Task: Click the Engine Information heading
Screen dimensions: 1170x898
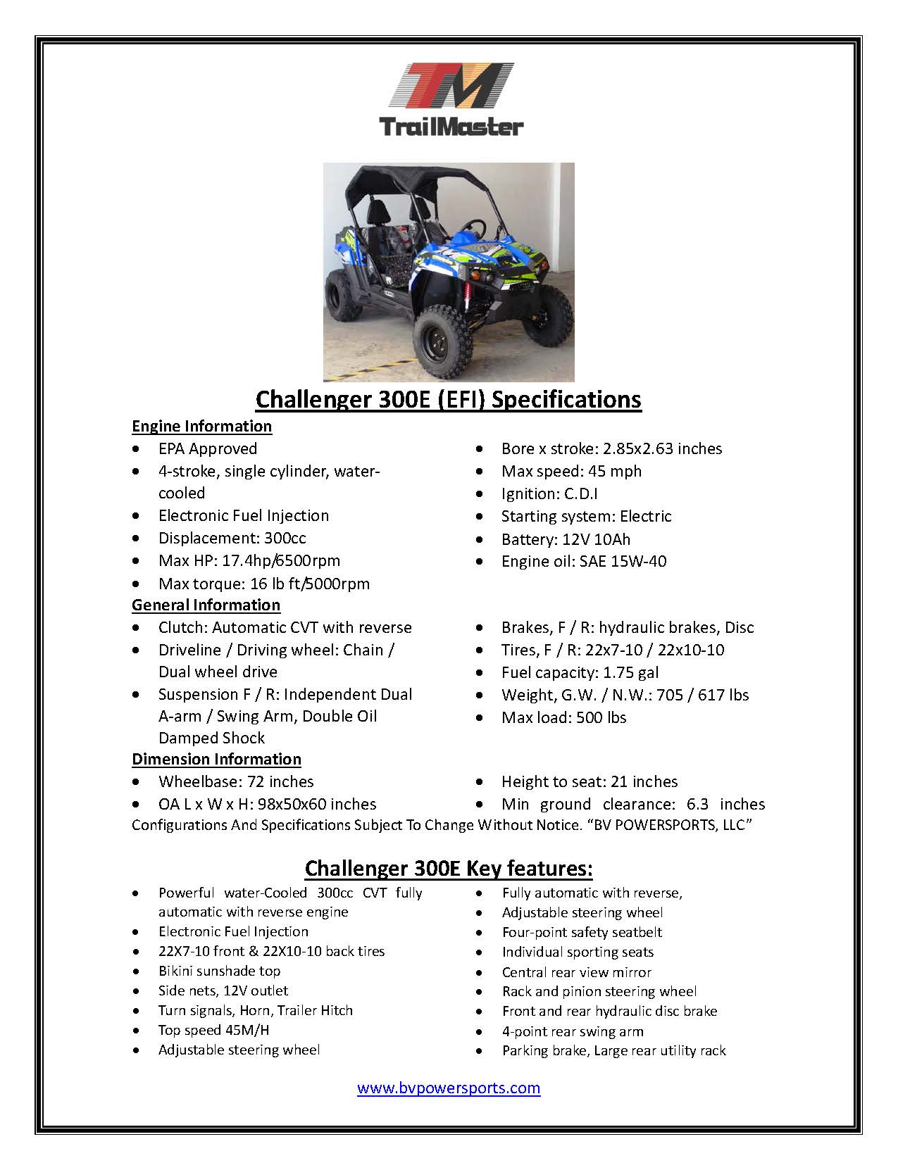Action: point(201,426)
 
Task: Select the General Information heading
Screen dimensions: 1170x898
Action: point(206,605)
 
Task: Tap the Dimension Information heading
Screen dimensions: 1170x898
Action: point(216,759)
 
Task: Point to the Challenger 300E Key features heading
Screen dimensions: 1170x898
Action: point(449,868)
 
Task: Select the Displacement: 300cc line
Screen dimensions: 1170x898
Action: point(232,538)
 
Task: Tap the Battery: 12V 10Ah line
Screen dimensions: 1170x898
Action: point(566,539)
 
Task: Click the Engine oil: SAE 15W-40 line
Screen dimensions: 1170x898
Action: point(583,561)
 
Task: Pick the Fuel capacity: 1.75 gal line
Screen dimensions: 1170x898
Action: point(580,672)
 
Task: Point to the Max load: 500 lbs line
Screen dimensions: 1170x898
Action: point(563,717)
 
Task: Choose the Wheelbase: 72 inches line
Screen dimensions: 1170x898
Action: point(236,781)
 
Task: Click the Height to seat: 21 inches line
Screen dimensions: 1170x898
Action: point(589,781)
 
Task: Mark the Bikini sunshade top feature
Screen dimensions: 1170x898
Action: point(219,971)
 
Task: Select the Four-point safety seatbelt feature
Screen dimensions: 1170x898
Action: point(582,932)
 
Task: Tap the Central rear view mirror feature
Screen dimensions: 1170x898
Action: point(576,972)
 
